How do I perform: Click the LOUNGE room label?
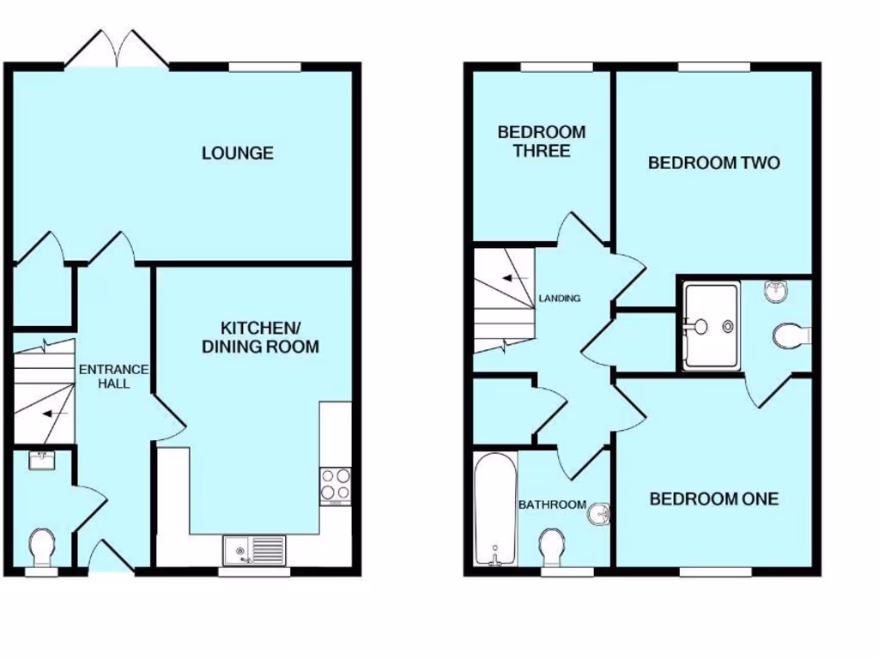(x=238, y=154)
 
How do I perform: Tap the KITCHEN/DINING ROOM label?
(x=259, y=337)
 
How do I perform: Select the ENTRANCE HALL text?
(x=114, y=377)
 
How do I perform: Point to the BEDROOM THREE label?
(x=542, y=142)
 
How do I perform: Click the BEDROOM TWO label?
(x=713, y=163)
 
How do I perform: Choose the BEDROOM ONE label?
(x=713, y=499)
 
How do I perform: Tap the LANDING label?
(x=560, y=299)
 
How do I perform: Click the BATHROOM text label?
(x=552, y=505)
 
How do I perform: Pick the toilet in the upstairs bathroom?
(x=551, y=546)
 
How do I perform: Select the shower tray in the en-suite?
(x=711, y=326)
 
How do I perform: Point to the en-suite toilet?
(x=788, y=336)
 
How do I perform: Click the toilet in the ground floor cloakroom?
(x=41, y=547)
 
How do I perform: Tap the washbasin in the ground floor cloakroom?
(x=41, y=460)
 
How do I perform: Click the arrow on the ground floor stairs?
(x=56, y=414)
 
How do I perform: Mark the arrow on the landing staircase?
(x=515, y=279)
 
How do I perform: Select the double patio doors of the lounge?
(x=117, y=50)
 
